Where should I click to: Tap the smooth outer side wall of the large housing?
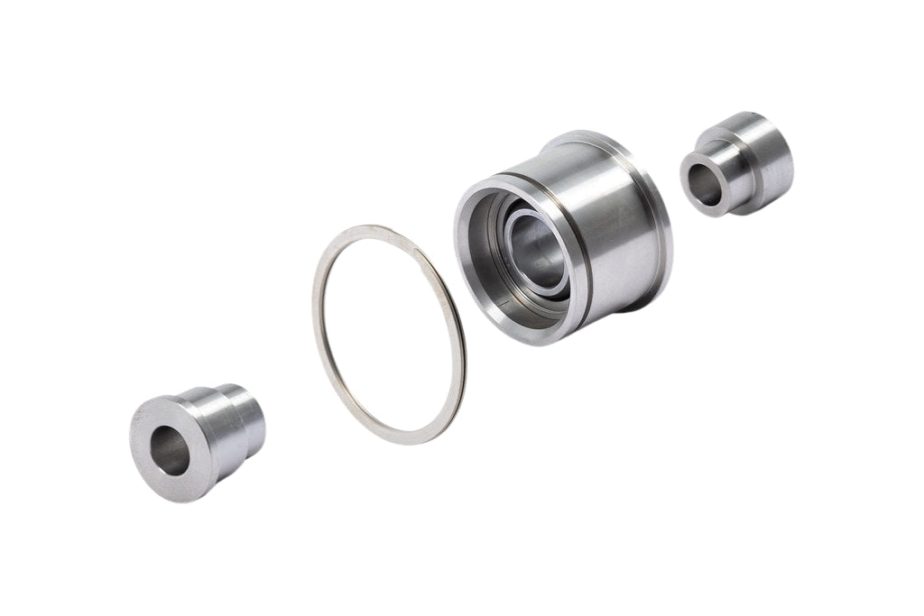[614, 225]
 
